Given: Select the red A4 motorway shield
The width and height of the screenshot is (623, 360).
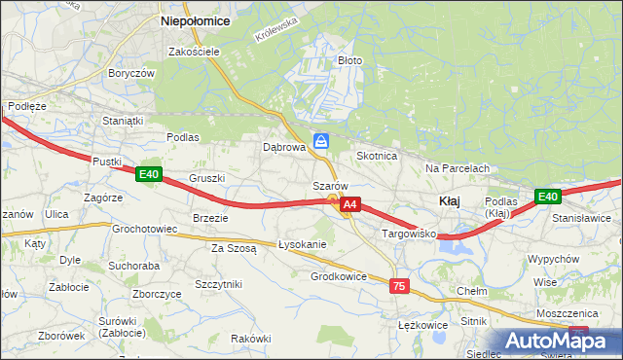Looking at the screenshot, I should pos(351,204).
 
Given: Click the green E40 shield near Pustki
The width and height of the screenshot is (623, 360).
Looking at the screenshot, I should pos(148,174).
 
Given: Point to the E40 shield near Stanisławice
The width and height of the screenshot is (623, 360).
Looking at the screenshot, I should pos(548,197).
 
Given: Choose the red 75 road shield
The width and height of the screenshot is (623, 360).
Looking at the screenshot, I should pos(398,286).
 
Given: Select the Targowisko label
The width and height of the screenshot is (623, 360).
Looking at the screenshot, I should pos(406,234).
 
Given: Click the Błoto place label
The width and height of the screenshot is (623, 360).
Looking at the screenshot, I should pos(349,60).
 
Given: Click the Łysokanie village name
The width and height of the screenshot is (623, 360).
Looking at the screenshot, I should pos(302,244).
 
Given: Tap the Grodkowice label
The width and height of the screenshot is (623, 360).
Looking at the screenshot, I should pos(339,276).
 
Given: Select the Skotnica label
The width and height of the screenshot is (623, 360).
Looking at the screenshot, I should pos(377,156).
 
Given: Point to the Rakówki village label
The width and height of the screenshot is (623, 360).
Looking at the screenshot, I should pos(250,338).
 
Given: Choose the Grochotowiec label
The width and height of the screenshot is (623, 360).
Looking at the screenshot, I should pos(143,230).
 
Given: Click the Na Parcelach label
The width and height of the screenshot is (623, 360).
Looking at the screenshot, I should pos(457,168).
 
